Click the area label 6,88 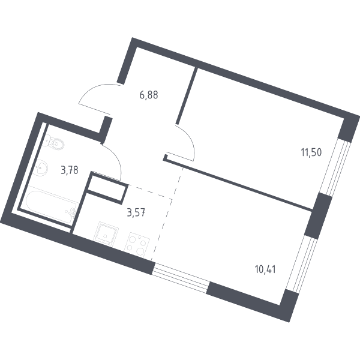(149, 95)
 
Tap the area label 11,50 (311, 152)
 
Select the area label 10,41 (265, 269)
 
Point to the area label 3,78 (70, 170)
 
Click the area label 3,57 (136, 213)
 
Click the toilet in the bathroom (55, 142)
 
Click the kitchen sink (106, 234)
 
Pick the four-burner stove (137, 245)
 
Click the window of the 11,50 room (335, 167)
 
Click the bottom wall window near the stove (181, 278)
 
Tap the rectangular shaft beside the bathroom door (106, 188)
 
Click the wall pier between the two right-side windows (318, 216)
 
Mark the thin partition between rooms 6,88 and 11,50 (187, 96)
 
